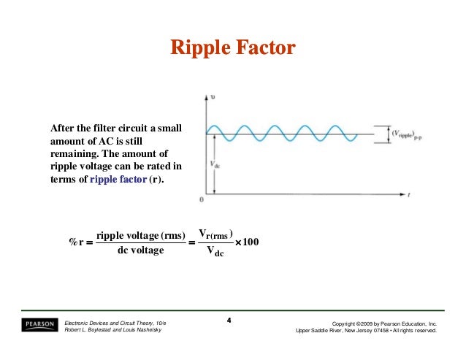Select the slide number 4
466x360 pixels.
[229, 321]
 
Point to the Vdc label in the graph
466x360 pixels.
[217, 164]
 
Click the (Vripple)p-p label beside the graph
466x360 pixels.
[410, 134]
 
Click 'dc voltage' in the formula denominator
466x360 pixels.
[140, 251]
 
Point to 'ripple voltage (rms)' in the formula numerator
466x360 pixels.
[140, 235]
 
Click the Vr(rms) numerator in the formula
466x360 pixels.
[215, 234]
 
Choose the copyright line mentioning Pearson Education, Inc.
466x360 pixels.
[384, 322]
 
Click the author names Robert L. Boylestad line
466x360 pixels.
[114, 330]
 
